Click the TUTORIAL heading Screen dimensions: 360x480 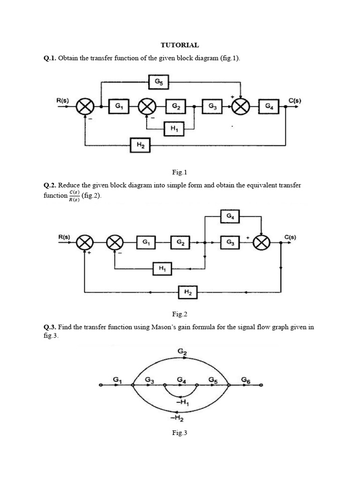(180, 45)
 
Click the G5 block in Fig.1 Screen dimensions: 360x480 (158, 82)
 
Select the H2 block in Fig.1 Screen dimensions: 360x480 (140, 145)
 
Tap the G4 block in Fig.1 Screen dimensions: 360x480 (269, 106)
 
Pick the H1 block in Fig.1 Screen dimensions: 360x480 (173, 129)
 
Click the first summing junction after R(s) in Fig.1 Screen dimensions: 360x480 (85, 106)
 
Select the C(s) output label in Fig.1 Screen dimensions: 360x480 (295, 100)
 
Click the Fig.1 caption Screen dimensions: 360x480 (180, 172)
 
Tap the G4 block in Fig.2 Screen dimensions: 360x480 (230, 217)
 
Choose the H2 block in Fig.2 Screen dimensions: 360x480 (187, 292)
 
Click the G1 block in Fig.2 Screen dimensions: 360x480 (146, 242)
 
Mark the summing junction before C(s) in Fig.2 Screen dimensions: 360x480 (261, 243)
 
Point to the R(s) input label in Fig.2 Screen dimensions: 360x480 (64, 237)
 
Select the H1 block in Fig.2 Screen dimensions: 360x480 (162, 269)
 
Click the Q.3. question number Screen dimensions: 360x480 (50, 327)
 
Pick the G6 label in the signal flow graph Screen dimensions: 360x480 (246, 380)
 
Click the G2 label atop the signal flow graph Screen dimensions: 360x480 (182, 352)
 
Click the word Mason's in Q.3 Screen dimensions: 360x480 (162, 327)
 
